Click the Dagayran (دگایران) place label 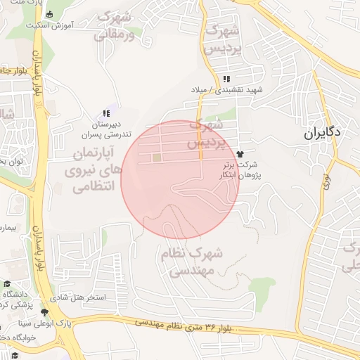click(323, 131)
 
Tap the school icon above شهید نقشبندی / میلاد click(226, 79)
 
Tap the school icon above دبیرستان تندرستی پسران click(106, 112)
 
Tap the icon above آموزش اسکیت click(48, 13)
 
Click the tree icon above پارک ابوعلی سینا click(45, 312)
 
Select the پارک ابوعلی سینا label click(45, 323)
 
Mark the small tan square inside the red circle click(156, 157)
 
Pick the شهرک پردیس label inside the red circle click(205, 134)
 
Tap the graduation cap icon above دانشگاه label click(7, 283)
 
